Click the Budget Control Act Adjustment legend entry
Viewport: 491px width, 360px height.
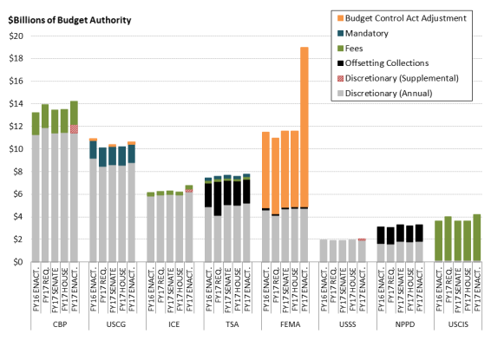coord(402,18)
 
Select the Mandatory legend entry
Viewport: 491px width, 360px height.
coord(363,33)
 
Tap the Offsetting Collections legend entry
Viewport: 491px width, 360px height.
coord(383,63)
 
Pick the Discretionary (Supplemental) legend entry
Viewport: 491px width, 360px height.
coord(398,78)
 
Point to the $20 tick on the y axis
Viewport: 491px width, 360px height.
coord(16,36)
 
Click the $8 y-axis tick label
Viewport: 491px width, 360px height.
coord(18,172)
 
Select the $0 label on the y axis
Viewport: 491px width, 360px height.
coord(18,262)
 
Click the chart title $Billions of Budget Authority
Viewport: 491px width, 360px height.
coord(69,20)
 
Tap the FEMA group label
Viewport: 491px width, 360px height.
coord(291,324)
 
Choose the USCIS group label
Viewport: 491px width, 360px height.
coord(458,324)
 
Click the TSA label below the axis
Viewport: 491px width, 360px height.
coord(232,324)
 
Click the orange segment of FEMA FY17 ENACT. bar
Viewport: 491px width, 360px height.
coord(304,128)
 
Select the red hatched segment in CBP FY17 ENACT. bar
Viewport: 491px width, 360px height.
coord(74,129)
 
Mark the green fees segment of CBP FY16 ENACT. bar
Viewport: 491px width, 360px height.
coord(36,124)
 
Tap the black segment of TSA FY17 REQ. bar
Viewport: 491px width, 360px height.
coord(218,199)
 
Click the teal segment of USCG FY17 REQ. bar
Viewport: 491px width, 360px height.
coord(102,157)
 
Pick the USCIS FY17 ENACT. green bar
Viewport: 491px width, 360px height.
coord(476,238)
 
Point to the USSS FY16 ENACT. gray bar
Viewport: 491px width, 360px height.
coord(324,251)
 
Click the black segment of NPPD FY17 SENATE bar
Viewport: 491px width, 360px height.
coord(400,233)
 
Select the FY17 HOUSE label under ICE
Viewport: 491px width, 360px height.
coord(180,289)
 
